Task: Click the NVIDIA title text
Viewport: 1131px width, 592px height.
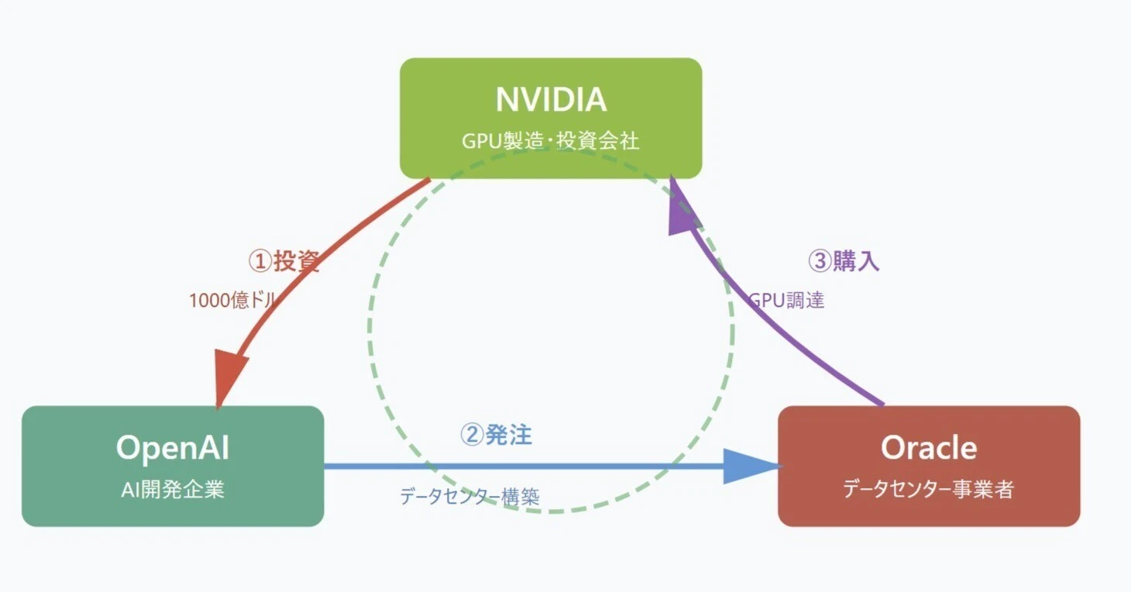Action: pos(551,100)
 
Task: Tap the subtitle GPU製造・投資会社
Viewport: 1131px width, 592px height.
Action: pos(551,141)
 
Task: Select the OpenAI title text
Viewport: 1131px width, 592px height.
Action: pos(172,447)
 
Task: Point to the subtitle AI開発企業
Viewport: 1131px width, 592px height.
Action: pos(172,490)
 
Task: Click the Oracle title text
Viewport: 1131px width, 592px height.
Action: pos(929,447)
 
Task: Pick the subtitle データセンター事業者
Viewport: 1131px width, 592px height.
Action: pos(929,490)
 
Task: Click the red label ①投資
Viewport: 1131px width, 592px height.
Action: pos(284,261)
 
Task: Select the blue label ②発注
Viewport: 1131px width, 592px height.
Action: pos(497,435)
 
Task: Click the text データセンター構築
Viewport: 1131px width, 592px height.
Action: pos(469,496)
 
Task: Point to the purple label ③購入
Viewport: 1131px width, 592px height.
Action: pos(844,261)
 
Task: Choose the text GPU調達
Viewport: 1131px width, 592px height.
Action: pos(786,301)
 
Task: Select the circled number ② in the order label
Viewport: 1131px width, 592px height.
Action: pos(472,435)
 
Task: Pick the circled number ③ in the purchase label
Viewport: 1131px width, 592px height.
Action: pos(820,261)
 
